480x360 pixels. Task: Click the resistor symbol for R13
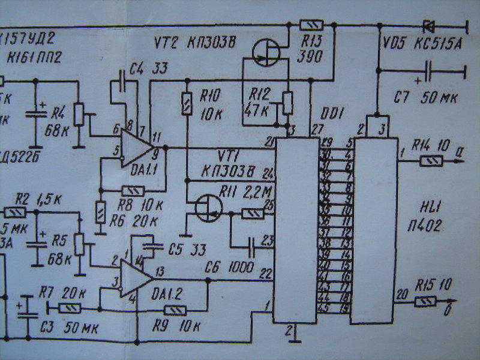click(x=311, y=25)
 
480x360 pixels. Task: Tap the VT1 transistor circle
click(x=207, y=207)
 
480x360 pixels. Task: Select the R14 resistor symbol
click(x=431, y=160)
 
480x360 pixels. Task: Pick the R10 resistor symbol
click(x=187, y=103)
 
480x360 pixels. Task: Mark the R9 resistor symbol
click(x=174, y=310)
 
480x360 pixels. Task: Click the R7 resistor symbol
click(x=69, y=308)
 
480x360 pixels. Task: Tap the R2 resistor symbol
click(x=15, y=212)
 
